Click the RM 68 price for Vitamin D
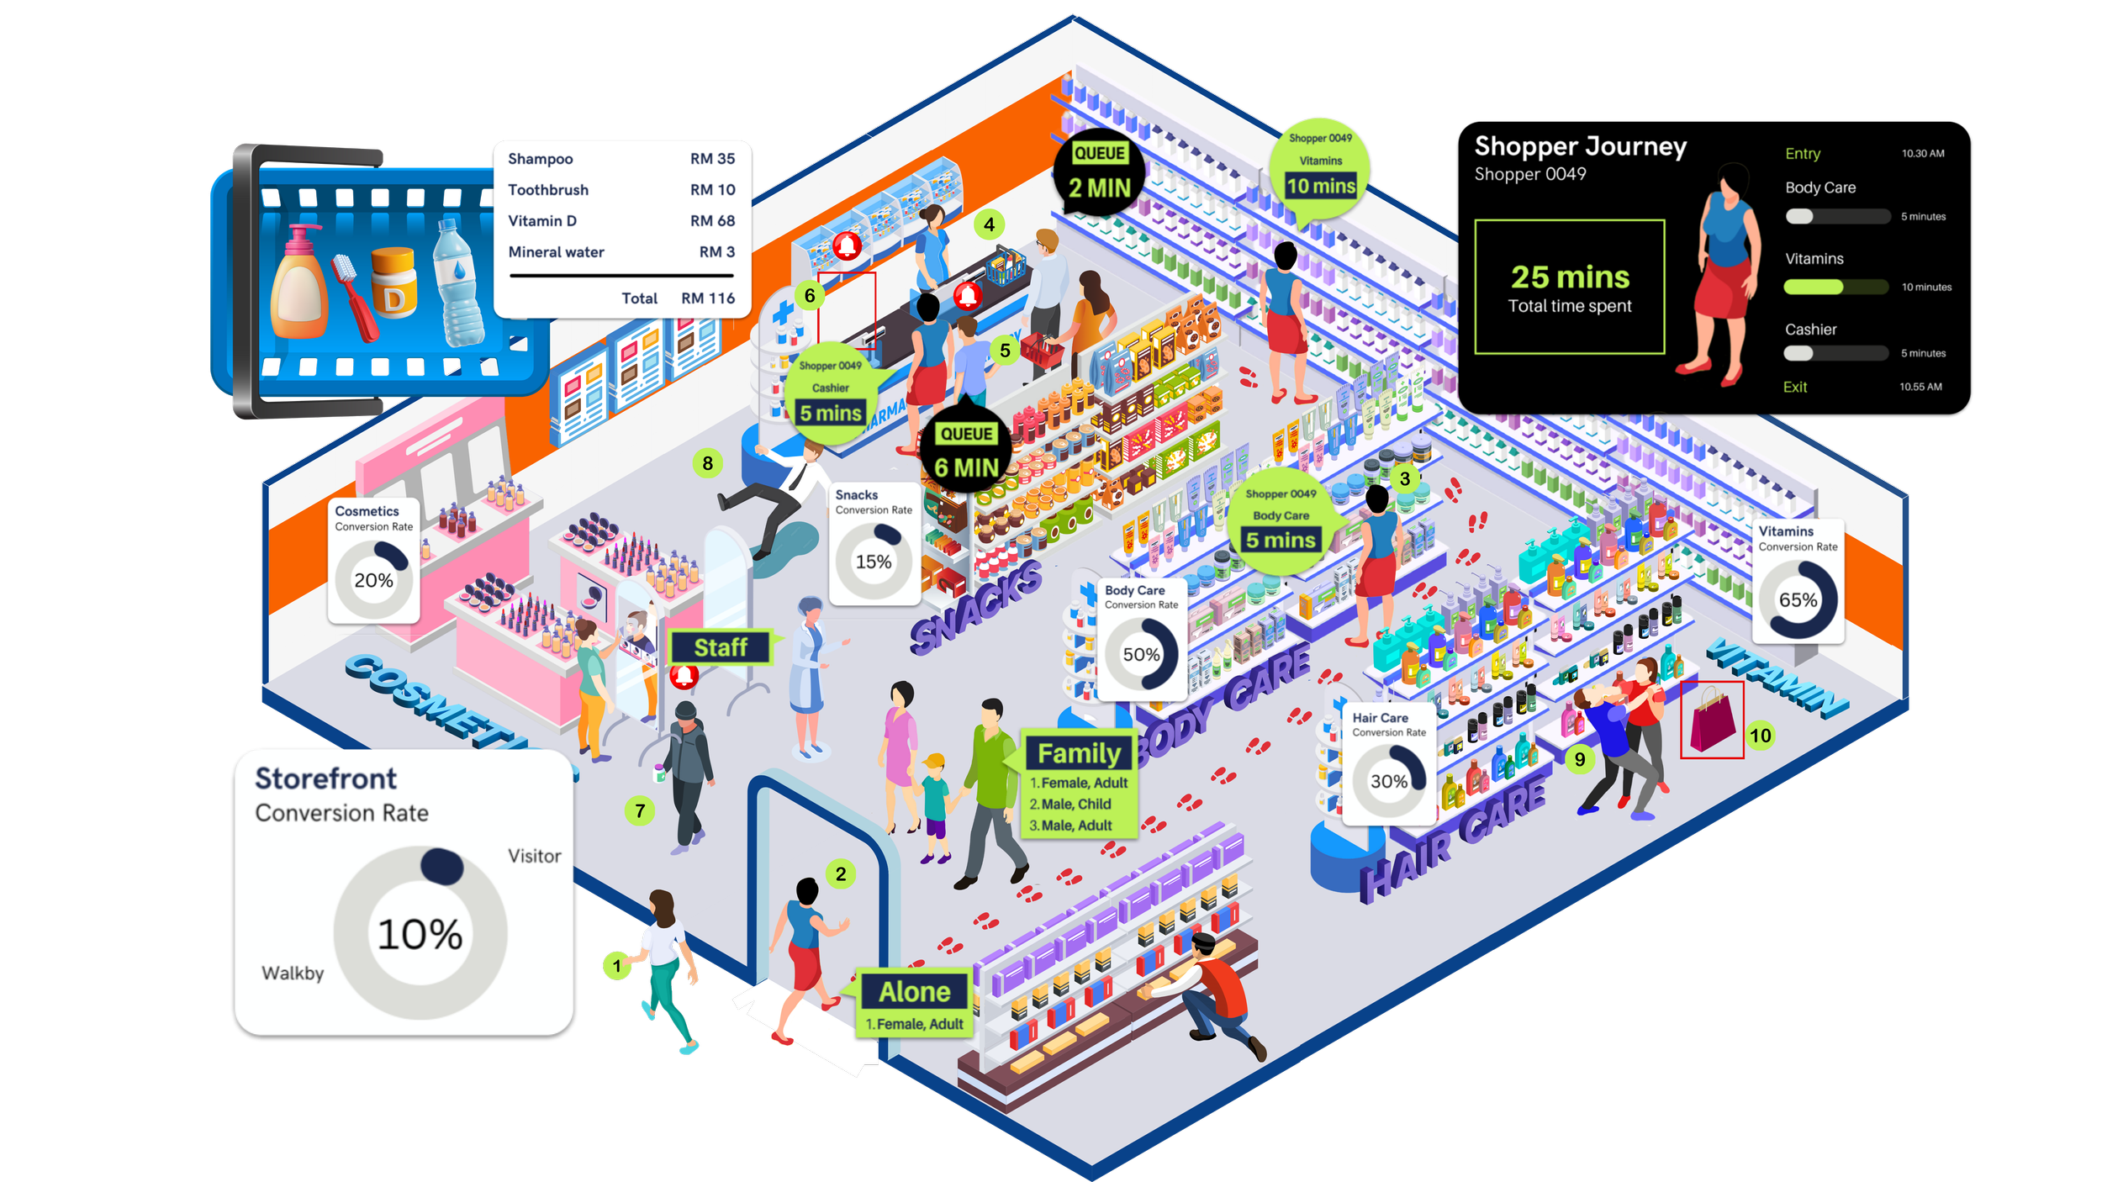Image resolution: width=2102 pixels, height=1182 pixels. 712,221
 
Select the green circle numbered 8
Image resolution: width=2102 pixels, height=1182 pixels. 708,463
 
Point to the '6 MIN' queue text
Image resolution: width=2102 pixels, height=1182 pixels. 966,467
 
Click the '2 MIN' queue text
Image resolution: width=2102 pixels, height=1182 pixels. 1100,188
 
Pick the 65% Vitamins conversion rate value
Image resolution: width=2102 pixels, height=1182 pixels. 1798,600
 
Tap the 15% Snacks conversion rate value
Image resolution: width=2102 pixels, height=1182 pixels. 874,562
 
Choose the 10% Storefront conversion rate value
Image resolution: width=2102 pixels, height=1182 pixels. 420,934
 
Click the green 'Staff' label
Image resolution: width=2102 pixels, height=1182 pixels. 721,647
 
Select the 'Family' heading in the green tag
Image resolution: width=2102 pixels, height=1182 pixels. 1079,753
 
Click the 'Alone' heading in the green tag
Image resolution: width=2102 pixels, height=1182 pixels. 915,992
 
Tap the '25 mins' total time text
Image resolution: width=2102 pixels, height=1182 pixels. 1570,277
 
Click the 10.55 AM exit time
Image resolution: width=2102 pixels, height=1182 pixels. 1920,387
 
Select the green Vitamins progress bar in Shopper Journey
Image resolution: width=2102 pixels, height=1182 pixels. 1813,288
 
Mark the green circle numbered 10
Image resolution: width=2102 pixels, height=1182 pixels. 1760,736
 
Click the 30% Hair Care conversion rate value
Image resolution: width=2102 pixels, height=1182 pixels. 1388,781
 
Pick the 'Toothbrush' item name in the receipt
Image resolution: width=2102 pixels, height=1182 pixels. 548,190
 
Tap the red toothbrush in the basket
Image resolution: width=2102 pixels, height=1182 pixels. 353,294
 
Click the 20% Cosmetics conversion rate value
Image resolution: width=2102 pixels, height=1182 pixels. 373,580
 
